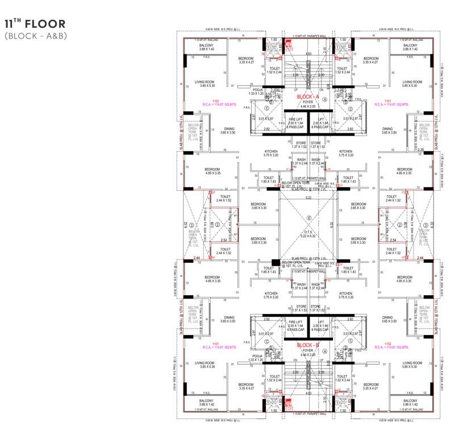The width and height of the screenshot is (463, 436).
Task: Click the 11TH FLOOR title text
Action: tap(35, 24)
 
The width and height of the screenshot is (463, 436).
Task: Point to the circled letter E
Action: tap(309, 218)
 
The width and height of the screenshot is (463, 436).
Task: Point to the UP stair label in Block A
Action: tap(295, 90)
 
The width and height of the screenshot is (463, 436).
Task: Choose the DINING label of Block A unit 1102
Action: tap(230, 129)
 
